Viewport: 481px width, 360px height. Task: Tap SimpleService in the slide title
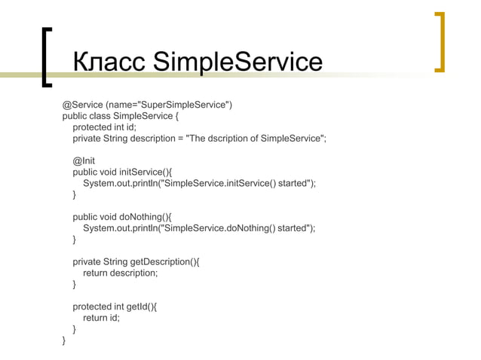tap(237, 63)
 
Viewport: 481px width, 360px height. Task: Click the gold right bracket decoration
tap(440, 42)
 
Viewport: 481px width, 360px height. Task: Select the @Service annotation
tap(83, 104)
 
